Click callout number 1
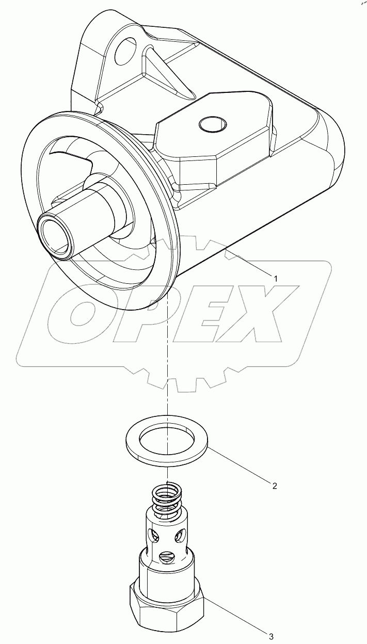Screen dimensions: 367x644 (x=276, y=278)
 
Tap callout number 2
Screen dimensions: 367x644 (x=275, y=486)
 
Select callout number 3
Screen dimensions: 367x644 (x=270, y=635)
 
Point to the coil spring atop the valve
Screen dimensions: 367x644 (x=167, y=497)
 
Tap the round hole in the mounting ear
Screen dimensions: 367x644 (x=126, y=52)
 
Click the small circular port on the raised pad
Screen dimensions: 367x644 (x=213, y=124)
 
